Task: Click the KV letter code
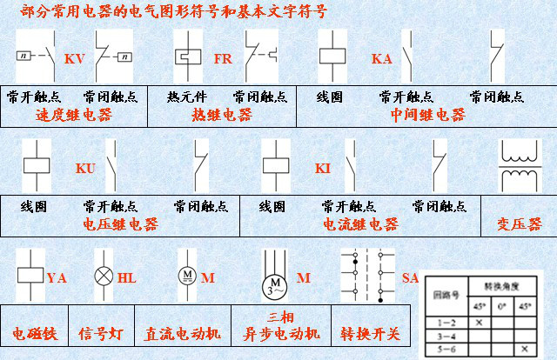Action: tap(75, 59)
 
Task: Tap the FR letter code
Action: tap(223, 59)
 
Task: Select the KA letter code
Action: tap(382, 59)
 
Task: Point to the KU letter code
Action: tap(85, 168)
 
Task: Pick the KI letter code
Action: tap(323, 168)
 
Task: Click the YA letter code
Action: tap(57, 278)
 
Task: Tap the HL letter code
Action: tap(127, 278)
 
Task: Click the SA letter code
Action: tap(410, 277)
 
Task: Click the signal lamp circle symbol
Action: tap(104, 277)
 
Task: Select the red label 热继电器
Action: tap(222, 114)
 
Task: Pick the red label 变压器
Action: tap(514, 223)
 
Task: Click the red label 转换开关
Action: tap(370, 333)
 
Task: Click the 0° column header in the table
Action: tap(500, 306)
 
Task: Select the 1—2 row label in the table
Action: tap(443, 322)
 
